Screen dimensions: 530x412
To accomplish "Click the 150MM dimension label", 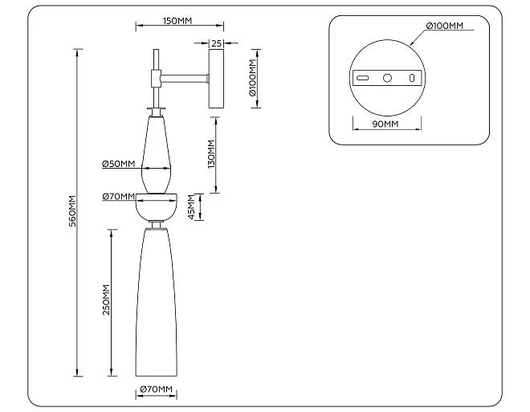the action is (177, 21).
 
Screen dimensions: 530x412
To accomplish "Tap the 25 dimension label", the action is (216, 43).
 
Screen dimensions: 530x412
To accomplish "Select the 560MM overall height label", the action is (72, 211).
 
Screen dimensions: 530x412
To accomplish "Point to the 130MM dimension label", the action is (211, 154).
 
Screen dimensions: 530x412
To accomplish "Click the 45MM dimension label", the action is (191, 207).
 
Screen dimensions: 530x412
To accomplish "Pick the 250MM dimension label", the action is (106, 300).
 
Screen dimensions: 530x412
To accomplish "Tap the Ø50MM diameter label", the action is (118, 164).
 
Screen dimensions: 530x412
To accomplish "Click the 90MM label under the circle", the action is (385, 124).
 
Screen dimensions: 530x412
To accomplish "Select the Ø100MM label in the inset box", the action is (445, 26).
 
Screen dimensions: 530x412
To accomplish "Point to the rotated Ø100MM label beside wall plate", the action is (253, 78).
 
